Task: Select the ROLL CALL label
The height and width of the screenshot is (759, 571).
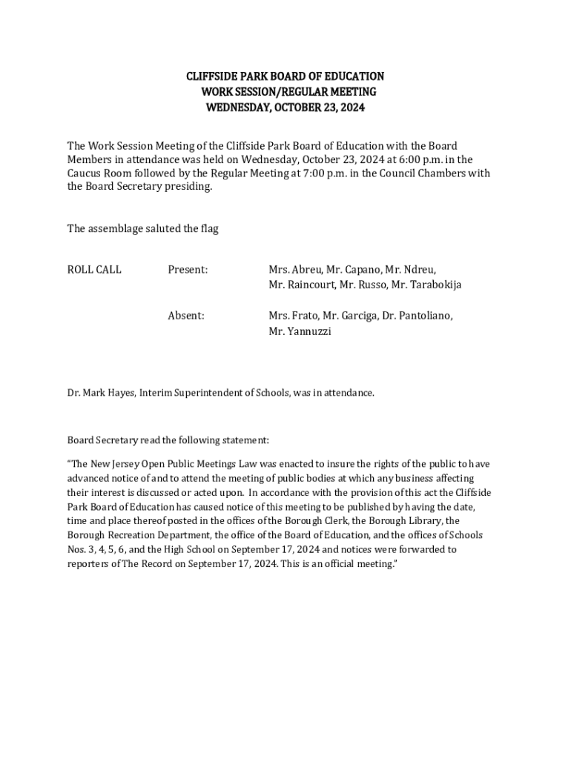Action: (94, 270)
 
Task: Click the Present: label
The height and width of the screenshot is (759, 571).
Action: (188, 270)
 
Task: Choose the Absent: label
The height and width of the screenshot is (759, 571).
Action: (186, 316)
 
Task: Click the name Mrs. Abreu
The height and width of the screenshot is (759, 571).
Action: (294, 270)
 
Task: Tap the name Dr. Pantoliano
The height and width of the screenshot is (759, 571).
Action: (417, 316)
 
